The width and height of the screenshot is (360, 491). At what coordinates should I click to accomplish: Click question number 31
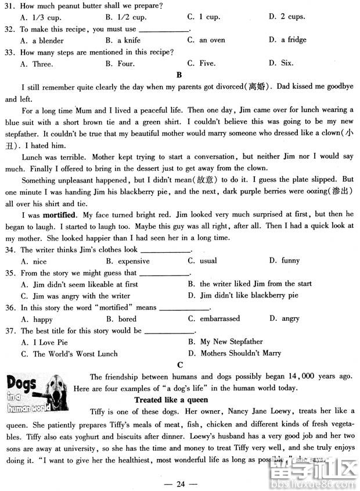tap(10, 6)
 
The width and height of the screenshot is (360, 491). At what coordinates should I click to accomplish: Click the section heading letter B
tap(179, 74)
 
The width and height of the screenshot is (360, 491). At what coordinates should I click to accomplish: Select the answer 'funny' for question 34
tap(290, 261)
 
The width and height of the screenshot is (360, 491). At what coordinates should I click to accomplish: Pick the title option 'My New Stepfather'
tap(231, 342)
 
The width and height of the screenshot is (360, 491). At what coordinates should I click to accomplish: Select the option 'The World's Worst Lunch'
tap(74, 353)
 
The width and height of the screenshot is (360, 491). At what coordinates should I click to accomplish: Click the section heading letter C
tap(180, 364)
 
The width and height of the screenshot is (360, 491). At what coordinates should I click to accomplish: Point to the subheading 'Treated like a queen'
tap(171, 400)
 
